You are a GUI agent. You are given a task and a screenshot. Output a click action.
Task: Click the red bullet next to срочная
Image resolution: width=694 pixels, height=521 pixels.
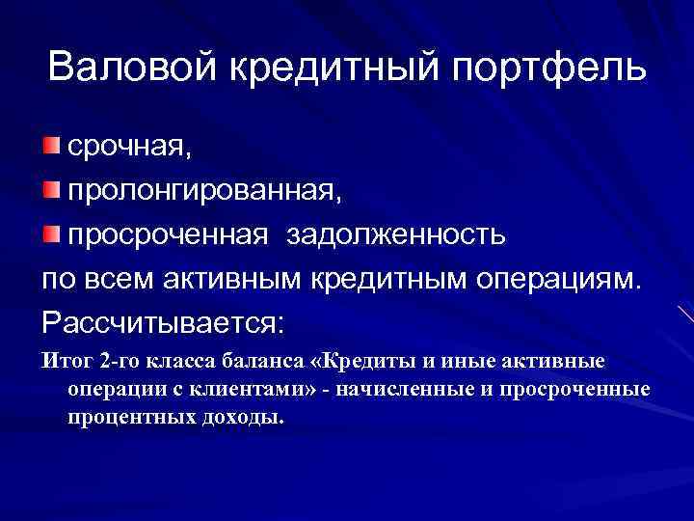click(x=50, y=146)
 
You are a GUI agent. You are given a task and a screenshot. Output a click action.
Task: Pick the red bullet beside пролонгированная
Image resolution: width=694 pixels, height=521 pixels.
click(x=50, y=190)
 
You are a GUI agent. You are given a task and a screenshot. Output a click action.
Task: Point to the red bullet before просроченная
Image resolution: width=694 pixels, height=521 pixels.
click(x=50, y=233)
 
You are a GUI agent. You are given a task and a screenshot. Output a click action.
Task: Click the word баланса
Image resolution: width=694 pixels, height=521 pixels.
click(x=259, y=362)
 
